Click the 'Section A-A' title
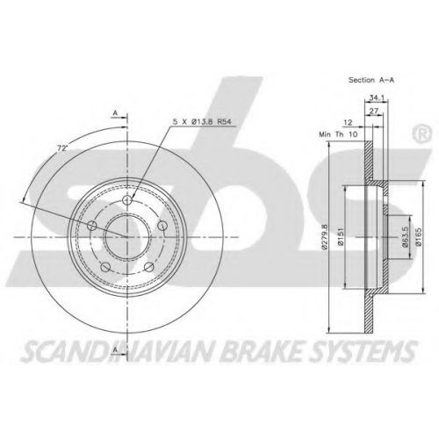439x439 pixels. click(x=371, y=80)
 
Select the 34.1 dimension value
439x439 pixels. click(x=376, y=98)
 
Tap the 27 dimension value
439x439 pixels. click(x=374, y=111)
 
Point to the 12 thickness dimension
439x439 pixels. click(x=348, y=123)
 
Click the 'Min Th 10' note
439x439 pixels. click(x=338, y=134)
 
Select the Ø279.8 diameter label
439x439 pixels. click(x=324, y=237)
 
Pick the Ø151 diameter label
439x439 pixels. click(x=340, y=237)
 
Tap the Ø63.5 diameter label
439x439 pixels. click(x=406, y=237)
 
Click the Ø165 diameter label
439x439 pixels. click(x=419, y=237)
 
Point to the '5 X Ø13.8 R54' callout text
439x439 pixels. click(x=202, y=122)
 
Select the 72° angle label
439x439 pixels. click(x=61, y=148)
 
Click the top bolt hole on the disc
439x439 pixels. click(x=127, y=200)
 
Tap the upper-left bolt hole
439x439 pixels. click(x=92, y=226)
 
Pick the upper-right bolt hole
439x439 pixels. click(x=162, y=226)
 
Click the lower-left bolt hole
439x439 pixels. click(x=105, y=267)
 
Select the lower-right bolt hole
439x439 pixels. click(x=149, y=267)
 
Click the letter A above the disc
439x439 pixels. click(x=115, y=112)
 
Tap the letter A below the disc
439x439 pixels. click(x=116, y=349)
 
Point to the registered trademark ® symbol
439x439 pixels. click(x=421, y=134)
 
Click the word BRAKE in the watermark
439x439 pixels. click(x=262, y=350)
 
